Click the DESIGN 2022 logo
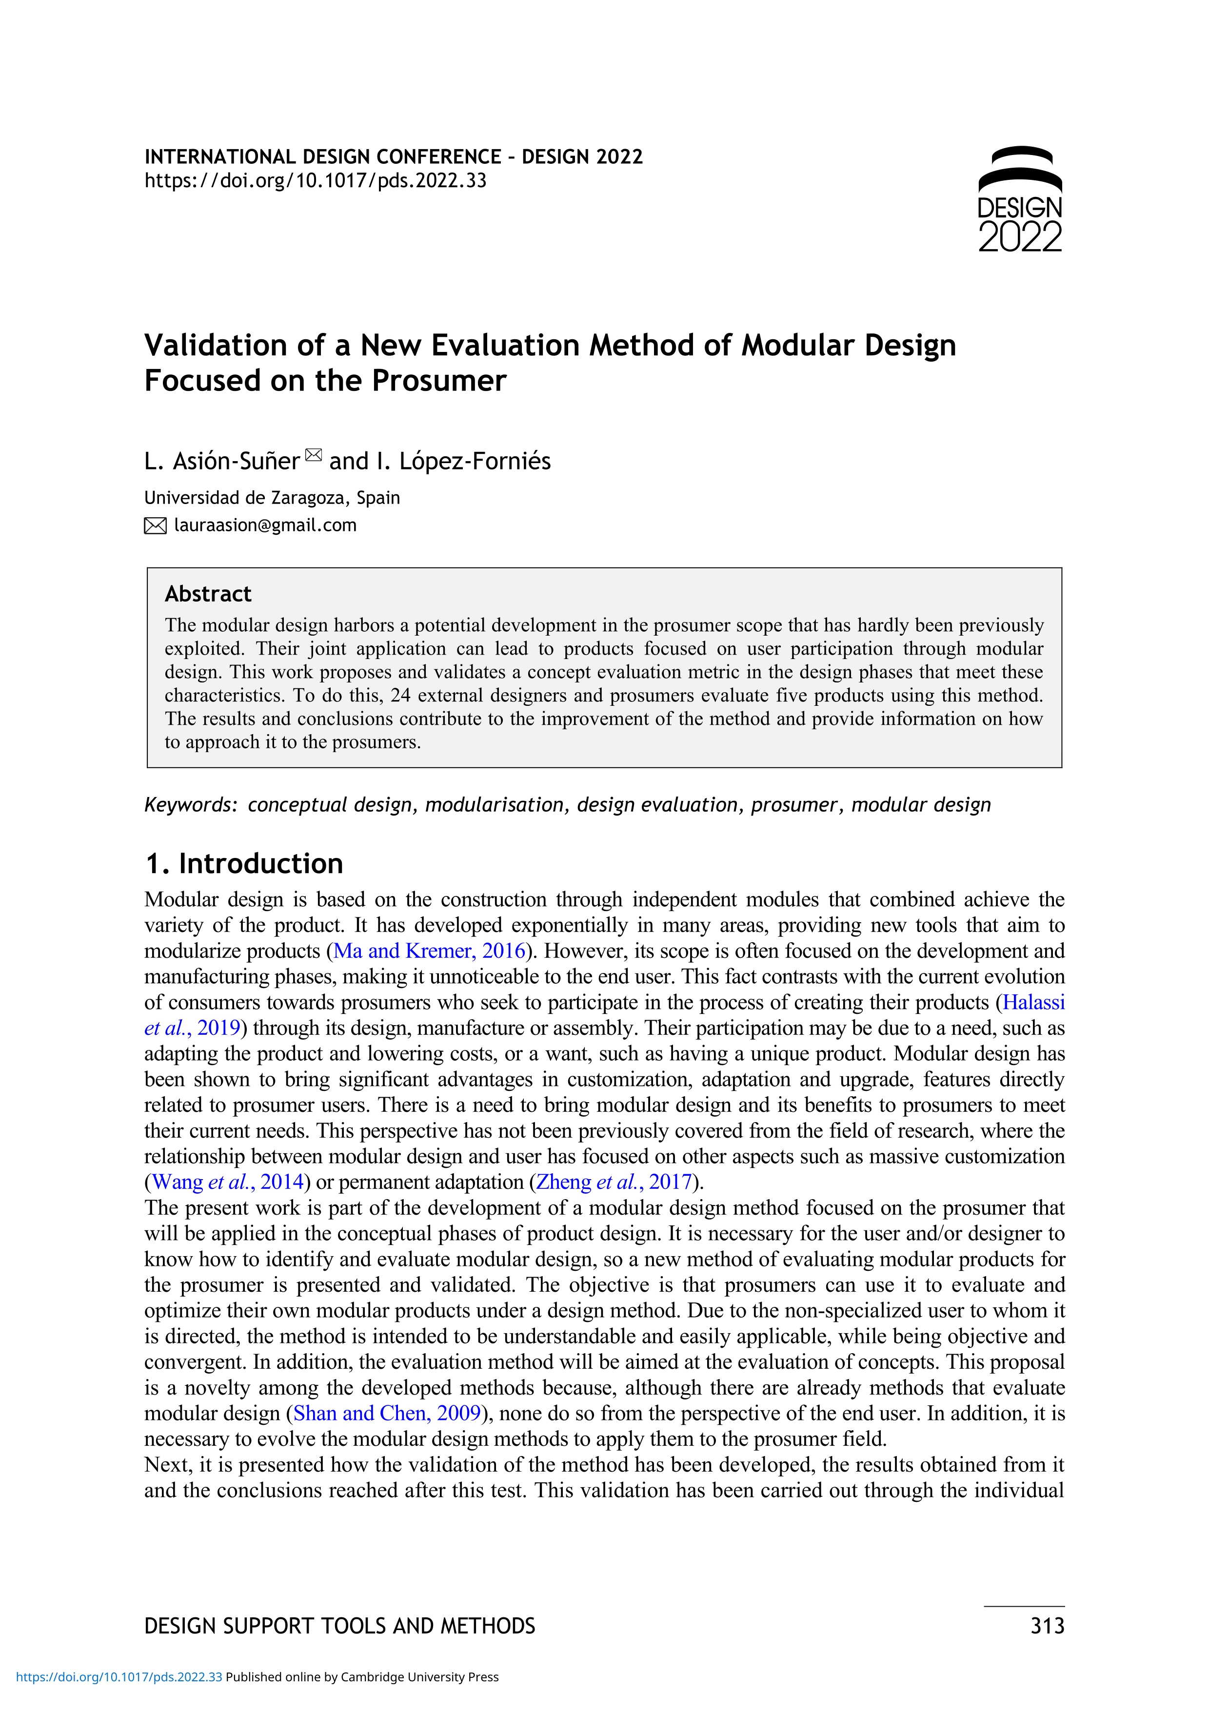point(1019,199)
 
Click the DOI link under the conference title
point(315,181)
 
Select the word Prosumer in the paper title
point(439,381)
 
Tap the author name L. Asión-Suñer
point(221,462)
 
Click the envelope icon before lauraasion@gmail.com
point(155,526)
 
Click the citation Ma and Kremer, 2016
point(430,951)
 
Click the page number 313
point(1047,1626)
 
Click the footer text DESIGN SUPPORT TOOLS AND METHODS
point(340,1626)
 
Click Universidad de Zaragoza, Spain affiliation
point(272,498)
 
